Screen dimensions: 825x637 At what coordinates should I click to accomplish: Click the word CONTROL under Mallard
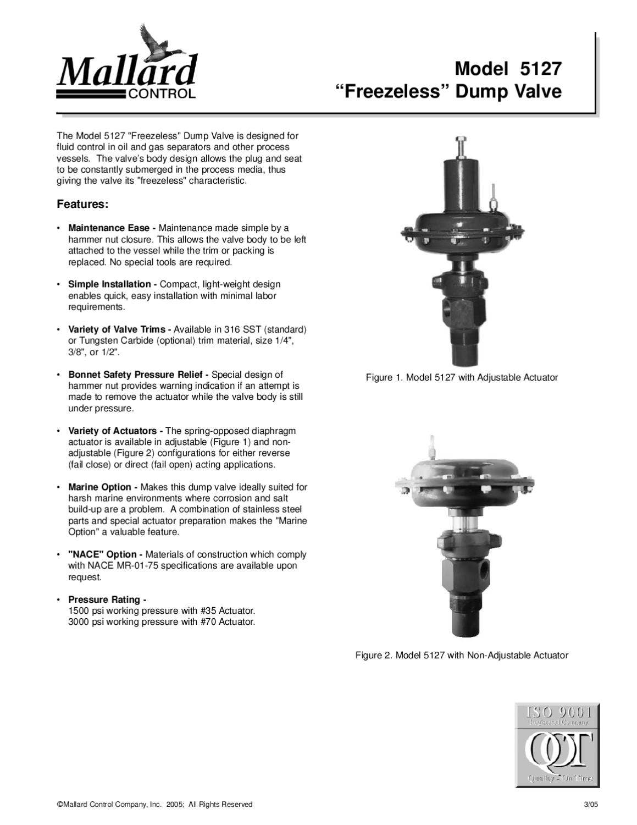click(x=162, y=94)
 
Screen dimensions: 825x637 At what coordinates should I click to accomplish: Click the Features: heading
click(x=82, y=204)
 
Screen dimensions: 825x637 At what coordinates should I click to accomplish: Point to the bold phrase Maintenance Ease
click(x=112, y=228)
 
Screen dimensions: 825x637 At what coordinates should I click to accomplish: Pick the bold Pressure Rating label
click(x=107, y=599)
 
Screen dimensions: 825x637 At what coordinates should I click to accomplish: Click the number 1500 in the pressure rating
click(x=77, y=611)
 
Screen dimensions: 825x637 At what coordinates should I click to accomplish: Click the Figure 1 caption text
click(x=462, y=378)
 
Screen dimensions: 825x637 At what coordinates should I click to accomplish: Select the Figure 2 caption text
click(x=462, y=656)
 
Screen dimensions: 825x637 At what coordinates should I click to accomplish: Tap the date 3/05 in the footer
click(x=590, y=805)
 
